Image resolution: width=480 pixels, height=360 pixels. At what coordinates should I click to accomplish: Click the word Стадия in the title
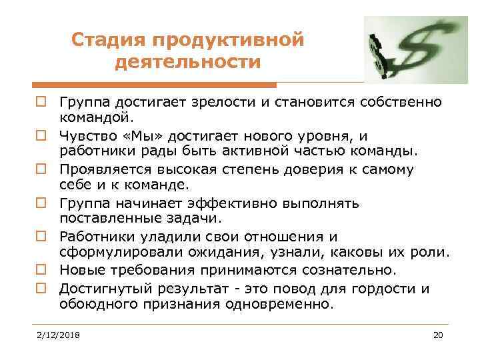[109, 40]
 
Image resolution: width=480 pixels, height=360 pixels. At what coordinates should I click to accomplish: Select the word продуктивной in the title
[229, 40]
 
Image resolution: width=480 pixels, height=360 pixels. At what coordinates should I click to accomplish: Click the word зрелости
[204, 103]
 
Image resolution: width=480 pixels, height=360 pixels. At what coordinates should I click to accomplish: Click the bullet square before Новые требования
[40, 270]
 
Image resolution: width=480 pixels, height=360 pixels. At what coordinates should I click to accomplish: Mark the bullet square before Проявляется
[40, 169]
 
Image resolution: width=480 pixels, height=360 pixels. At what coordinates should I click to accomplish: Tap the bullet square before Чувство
[40, 136]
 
